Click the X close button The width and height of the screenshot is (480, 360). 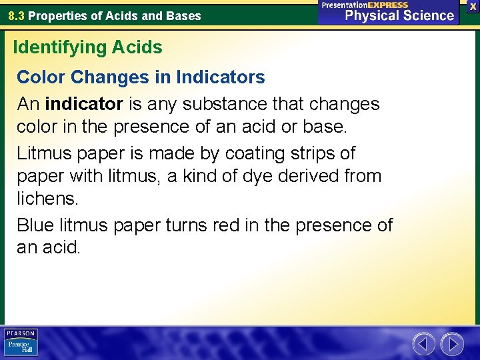pos(472,6)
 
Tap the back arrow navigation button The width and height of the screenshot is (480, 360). pos(423,344)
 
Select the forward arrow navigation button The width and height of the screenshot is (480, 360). pos(452,344)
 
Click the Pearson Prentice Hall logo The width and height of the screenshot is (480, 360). pos(21,343)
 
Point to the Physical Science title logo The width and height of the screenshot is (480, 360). pos(389,12)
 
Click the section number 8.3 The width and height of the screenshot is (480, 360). pos(17,16)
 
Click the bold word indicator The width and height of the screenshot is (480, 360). pos(84,104)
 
